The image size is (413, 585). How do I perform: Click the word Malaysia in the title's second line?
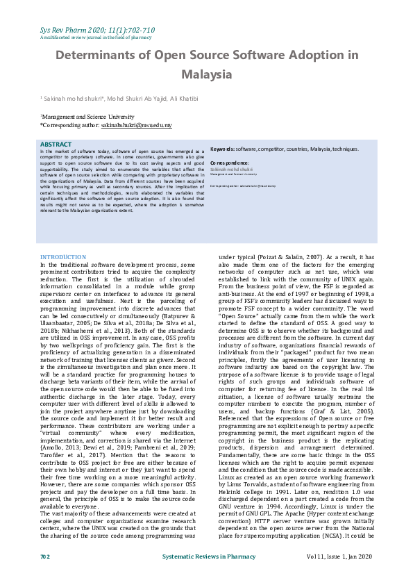point(206,74)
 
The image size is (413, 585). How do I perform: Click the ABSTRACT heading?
point(56,145)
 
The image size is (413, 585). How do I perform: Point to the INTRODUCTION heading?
point(62,257)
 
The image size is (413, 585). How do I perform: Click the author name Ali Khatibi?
point(180,99)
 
